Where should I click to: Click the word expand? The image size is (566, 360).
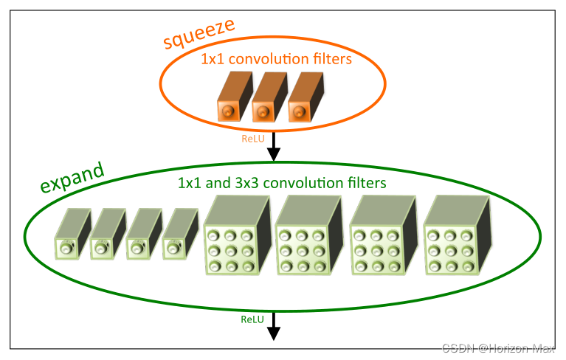[72, 177]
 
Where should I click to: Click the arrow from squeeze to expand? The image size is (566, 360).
[274, 146]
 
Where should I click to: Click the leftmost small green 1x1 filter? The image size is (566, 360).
[70, 235]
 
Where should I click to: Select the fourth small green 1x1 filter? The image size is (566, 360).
[179, 235]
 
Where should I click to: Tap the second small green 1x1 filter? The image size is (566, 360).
[106, 235]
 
